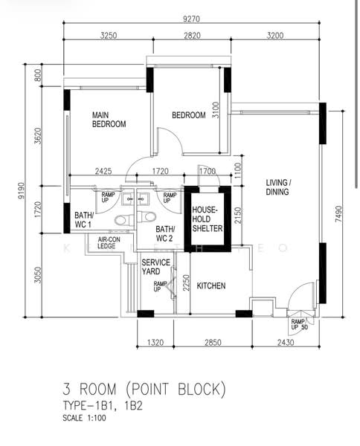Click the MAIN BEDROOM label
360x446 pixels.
pyautogui.click(x=109, y=120)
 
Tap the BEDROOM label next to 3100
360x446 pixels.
pyautogui.click(x=188, y=115)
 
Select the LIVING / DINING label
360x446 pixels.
pyautogui.click(x=279, y=187)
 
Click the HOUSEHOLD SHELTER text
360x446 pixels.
pyautogui.click(x=208, y=219)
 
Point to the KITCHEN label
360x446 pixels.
pyautogui.click(x=210, y=285)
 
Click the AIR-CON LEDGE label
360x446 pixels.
pyautogui.click(x=100, y=243)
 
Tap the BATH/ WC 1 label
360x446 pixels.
pyautogui.click(x=83, y=219)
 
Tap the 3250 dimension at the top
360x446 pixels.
pyautogui.click(x=108, y=35)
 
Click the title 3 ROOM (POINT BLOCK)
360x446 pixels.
pyautogui.click(x=143, y=390)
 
